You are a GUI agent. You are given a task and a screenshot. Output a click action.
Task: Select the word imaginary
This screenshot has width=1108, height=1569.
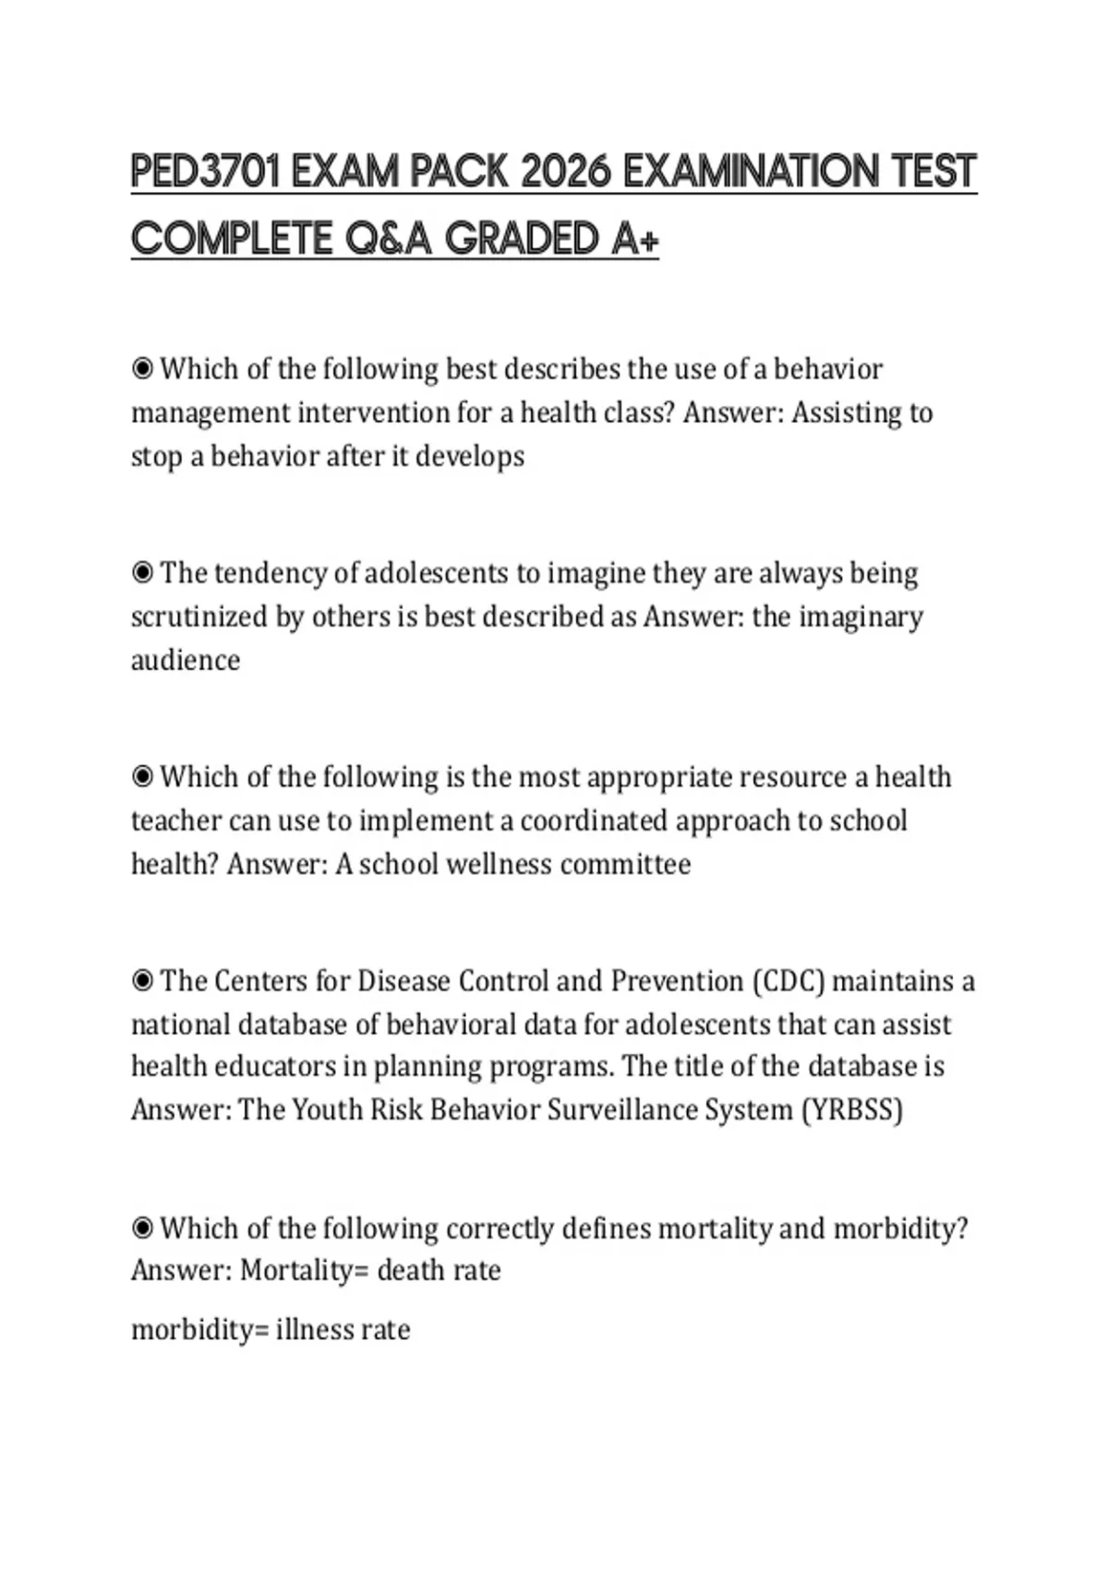860,617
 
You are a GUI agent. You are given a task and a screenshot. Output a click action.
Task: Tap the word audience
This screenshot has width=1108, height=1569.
186,660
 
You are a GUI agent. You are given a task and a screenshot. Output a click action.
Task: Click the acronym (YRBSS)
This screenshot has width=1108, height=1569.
851,1108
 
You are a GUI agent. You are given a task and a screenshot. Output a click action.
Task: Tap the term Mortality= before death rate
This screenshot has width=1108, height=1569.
305,1270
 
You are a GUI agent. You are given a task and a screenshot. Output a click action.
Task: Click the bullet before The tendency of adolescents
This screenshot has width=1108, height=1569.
142,573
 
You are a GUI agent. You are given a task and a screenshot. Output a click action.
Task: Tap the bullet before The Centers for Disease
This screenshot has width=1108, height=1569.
142,980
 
